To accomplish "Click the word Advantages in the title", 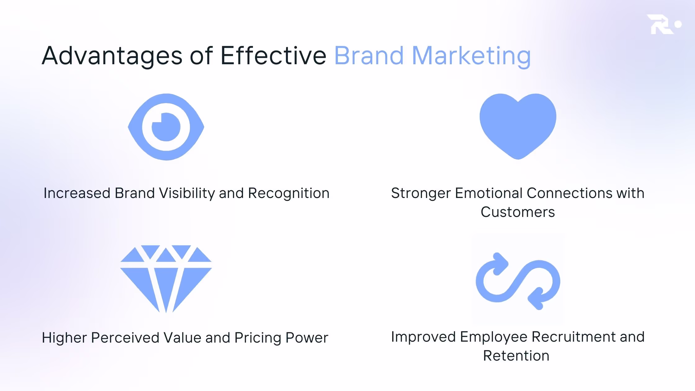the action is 112,56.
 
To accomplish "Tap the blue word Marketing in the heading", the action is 471,56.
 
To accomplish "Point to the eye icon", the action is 166,127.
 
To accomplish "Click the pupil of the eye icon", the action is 166,127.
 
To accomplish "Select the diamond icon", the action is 166,279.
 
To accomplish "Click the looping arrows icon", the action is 518,281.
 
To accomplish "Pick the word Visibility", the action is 187,193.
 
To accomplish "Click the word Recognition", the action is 289,193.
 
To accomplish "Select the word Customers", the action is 518,212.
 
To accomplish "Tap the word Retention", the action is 516,356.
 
